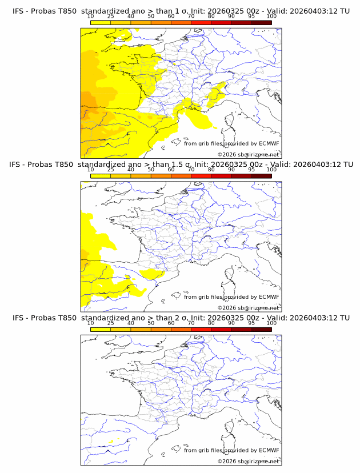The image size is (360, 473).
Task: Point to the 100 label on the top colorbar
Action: (271, 17)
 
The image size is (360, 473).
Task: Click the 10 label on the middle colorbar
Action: (90, 170)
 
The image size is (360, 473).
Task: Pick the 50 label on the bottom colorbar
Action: (151, 323)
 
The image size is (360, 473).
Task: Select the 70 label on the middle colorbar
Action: (191, 170)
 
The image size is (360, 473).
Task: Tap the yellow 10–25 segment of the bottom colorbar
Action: (101, 329)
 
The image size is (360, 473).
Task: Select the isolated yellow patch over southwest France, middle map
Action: (153, 274)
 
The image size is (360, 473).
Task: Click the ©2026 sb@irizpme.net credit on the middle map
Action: (248, 308)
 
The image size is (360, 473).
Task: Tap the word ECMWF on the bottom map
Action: (269, 450)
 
